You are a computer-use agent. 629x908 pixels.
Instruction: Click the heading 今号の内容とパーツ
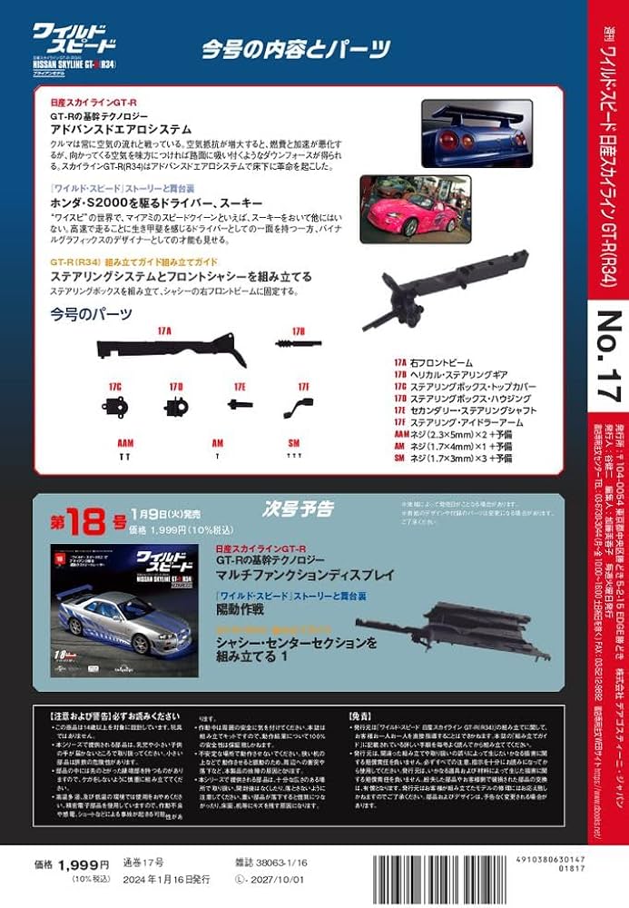[296, 50]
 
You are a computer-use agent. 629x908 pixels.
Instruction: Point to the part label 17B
[299, 331]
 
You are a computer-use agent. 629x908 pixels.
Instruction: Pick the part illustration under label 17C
[115, 405]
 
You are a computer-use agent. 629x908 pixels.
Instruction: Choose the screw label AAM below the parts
[125, 445]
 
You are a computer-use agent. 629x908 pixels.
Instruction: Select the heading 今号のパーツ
[92, 314]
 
